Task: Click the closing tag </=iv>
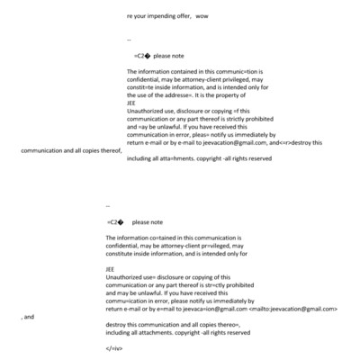[114, 347]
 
